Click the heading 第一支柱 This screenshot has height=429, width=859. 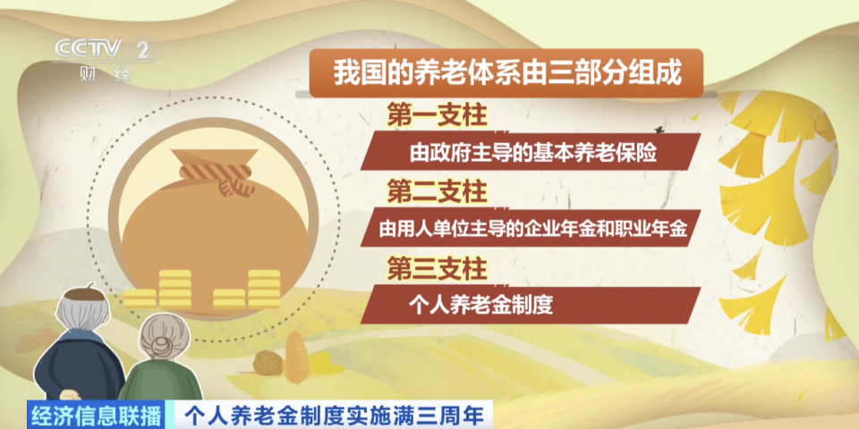436,115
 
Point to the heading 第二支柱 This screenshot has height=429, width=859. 436,190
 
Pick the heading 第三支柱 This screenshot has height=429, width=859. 436,266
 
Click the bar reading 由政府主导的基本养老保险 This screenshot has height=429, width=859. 532,153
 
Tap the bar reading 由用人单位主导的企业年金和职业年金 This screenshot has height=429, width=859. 532,229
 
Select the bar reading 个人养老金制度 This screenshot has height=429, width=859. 532,305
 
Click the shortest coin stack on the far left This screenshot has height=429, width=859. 139,299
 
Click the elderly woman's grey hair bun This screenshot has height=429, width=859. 165,322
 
